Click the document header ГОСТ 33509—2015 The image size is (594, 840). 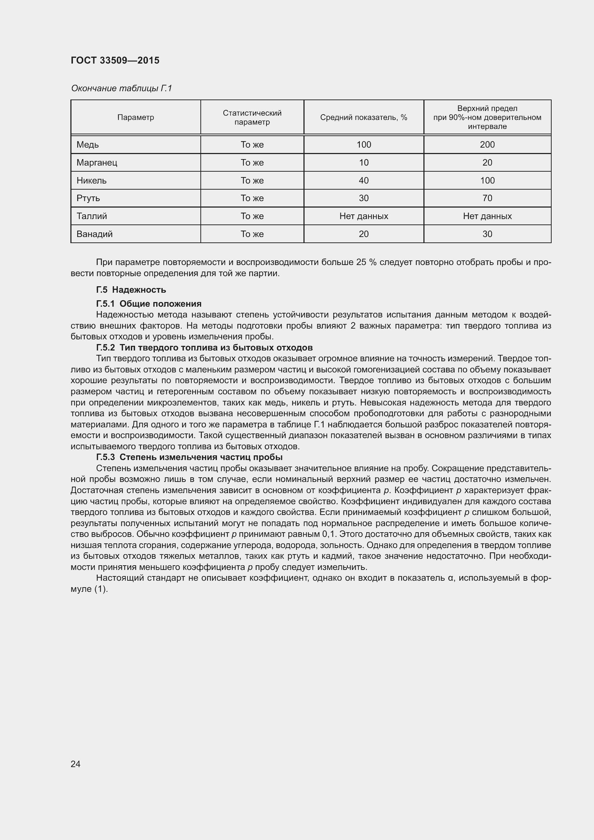point(115,60)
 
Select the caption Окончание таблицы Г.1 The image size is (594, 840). point(121,88)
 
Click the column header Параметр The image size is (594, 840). point(135,117)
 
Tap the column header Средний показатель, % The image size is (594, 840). point(363,117)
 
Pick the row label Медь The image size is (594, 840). point(88,144)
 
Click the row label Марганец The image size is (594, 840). point(97,162)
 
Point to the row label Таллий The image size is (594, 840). point(92,216)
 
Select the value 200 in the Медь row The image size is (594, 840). point(487,144)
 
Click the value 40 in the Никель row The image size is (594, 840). point(363,180)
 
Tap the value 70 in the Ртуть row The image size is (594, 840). point(487,198)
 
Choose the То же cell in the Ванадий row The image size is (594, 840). point(252,234)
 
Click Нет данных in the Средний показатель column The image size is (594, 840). point(363,216)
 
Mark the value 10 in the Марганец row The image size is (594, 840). point(363,162)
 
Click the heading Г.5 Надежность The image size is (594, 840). point(131,290)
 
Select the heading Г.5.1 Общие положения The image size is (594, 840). point(149,304)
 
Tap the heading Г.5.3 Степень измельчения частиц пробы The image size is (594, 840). point(189,457)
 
